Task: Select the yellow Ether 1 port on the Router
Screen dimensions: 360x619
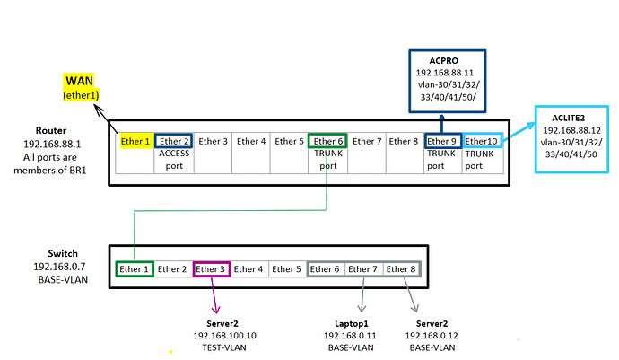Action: (135, 141)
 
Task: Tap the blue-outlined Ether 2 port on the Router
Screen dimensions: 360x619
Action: (173, 141)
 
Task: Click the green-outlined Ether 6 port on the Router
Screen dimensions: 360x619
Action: (327, 141)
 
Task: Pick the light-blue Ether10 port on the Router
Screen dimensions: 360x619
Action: (481, 141)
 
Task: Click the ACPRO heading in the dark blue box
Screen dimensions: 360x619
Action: (443, 59)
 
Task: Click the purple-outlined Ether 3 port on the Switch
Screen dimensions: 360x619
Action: (211, 268)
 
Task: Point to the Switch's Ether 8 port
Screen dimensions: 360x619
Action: (401, 268)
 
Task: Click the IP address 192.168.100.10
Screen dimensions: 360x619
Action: (225, 335)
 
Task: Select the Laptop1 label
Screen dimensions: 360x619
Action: (351, 322)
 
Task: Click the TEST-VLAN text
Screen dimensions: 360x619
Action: (224, 347)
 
